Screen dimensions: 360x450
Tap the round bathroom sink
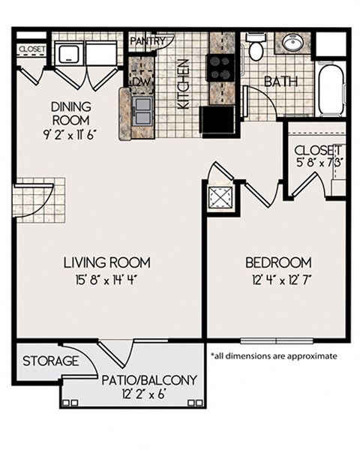[292, 43]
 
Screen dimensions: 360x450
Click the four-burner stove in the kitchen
[220, 67]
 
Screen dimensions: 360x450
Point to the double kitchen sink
[142, 110]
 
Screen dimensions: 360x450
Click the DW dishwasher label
[141, 82]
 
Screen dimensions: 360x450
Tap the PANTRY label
[147, 40]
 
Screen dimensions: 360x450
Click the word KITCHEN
[183, 84]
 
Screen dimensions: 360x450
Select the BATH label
[280, 82]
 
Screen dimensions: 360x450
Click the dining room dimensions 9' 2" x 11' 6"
[69, 134]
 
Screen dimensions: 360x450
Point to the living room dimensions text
[106, 280]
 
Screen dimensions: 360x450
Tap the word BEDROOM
[278, 262]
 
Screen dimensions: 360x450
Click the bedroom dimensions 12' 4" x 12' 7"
[282, 280]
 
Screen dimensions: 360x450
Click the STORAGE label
[51, 361]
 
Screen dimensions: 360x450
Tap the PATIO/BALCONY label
[149, 380]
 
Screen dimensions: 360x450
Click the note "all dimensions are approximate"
[274, 355]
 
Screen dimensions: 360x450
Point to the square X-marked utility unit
[220, 198]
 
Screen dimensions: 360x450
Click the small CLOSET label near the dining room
[32, 49]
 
